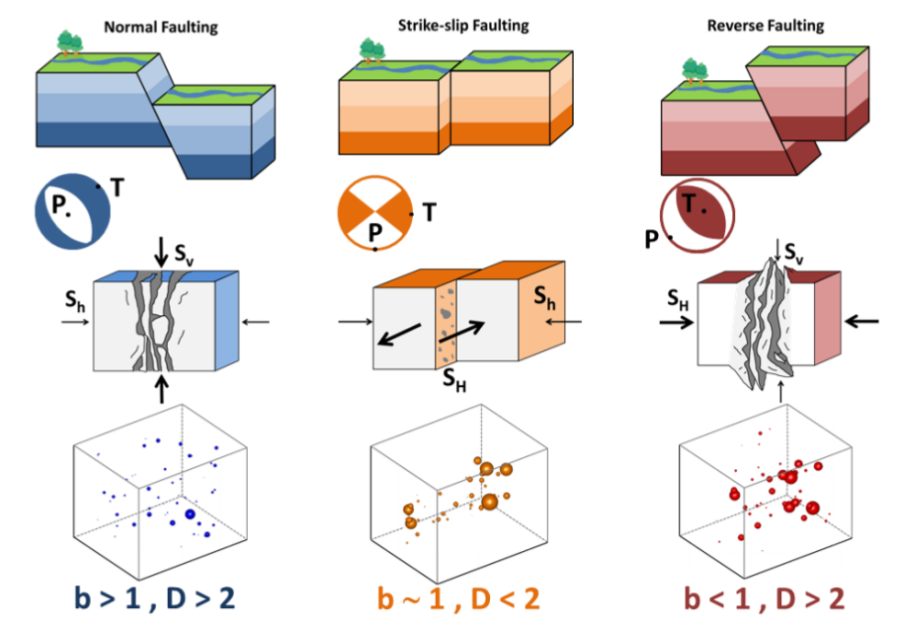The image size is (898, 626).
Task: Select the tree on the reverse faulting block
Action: (695, 69)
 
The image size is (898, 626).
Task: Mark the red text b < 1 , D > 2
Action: (765, 597)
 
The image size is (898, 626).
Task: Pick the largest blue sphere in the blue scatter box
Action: (189, 514)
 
